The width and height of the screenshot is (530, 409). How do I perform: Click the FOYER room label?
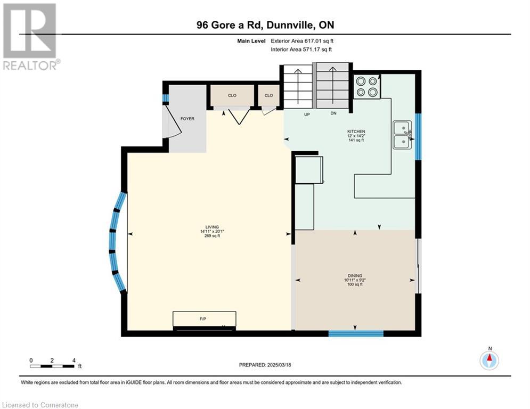coord(187,119)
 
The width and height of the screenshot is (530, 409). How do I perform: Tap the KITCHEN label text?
coord(356,131)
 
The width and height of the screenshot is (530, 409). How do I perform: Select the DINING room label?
coord(355,275)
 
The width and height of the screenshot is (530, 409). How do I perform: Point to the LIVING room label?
coord(213,227)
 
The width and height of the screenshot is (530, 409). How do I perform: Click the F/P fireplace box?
coord(204,319)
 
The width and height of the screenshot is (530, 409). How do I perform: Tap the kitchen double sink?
coord(402,135)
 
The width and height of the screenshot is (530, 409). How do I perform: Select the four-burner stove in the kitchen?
coord(367,86)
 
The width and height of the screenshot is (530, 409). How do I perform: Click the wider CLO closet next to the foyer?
coord(232,95)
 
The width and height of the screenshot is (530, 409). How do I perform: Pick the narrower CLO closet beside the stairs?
coord(268,95)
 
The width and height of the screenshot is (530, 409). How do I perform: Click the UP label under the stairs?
coord(307,114)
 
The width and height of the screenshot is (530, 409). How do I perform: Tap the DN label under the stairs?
coord(333,113)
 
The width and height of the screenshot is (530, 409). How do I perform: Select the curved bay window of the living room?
coord(117,242)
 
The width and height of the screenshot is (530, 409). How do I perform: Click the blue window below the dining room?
coord(356,333)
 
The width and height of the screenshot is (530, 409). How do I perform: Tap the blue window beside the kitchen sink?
coord(418,136)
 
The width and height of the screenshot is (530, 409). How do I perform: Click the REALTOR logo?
coord(30,37)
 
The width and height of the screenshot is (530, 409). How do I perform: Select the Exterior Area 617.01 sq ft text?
coord(302,41)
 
